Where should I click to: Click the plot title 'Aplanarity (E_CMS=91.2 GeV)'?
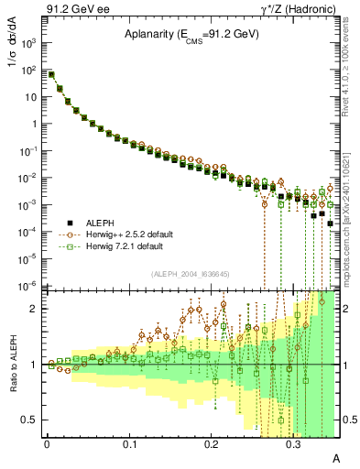191,35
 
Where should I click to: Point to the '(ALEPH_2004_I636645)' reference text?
191,274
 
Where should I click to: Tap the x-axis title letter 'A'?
336,456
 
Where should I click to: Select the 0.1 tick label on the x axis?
128,443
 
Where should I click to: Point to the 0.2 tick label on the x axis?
212,443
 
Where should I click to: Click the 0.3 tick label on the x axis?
294,443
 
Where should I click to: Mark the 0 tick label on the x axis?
46,443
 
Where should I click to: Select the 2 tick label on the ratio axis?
35,309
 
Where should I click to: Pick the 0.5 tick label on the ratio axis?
31,420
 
